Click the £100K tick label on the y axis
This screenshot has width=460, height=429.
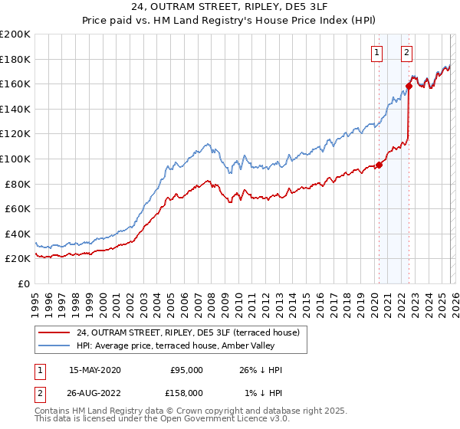tap(15, 159)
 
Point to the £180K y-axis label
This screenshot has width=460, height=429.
tap(15, 59)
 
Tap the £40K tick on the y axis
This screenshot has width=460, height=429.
tap(17, 234)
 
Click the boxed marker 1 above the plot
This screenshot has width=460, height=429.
tap(378, 53)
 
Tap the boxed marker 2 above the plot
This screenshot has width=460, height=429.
tap(406, 53)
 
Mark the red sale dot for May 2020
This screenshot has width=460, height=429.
tap(379, 165)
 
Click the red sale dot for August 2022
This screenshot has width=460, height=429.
tap(409, 87)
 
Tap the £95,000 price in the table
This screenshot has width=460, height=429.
tap(186, 370)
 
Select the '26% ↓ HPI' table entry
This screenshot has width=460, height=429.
tap(260, 370)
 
